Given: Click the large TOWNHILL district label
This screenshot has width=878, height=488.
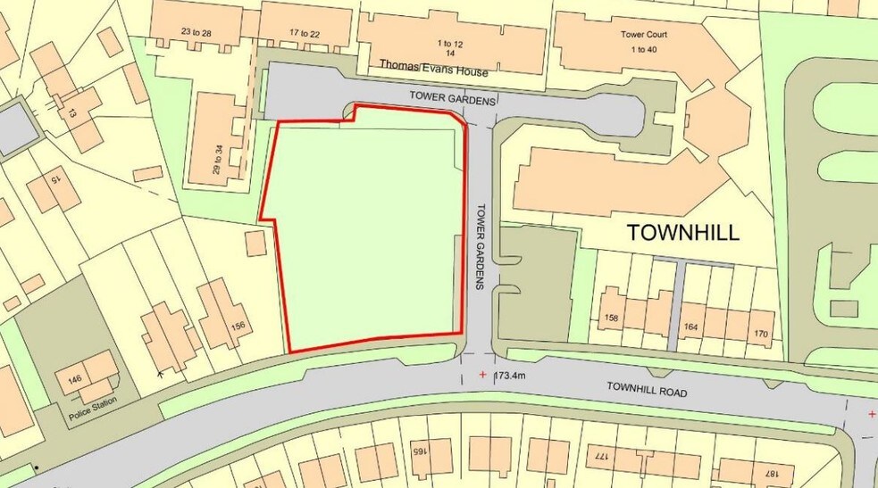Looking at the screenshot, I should [683, 233].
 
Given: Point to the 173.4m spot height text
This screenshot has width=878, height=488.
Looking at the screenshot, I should [517, 375].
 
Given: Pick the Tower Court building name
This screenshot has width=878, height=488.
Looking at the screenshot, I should [644, 35].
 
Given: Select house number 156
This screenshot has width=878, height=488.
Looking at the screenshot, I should [238, 326].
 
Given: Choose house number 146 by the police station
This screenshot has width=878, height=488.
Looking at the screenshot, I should [74, 379].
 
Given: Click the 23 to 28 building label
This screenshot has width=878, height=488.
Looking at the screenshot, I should [197, 33].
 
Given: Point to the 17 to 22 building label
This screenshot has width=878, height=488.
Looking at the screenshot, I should [305, 33].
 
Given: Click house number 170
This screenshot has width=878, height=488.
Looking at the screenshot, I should [760, 335].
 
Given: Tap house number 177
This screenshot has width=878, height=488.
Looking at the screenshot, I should [600, 456].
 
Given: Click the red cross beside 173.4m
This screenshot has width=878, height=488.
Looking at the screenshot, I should [483, 375].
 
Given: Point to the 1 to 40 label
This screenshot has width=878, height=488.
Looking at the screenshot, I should [644, 49].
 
